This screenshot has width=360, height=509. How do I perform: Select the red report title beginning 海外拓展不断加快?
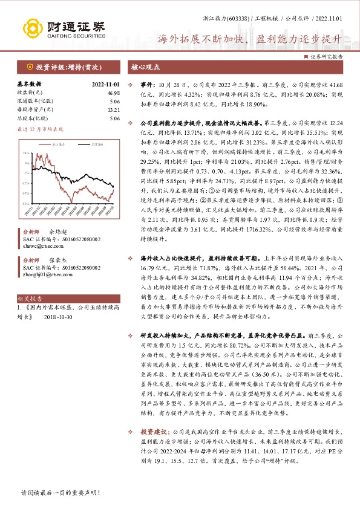tap(249, 40)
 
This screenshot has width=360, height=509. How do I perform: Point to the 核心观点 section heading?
tap(146, 67)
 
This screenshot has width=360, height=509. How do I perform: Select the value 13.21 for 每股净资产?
tap(114, 110)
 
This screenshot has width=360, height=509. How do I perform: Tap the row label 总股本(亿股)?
tap(33, 118)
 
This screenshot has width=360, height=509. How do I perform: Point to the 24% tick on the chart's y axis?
tap(25, 154)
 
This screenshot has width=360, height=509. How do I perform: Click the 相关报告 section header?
tap(30, 299)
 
